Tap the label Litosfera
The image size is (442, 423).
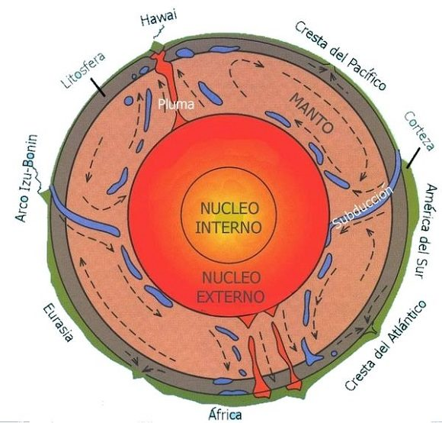click(x=83, y=69)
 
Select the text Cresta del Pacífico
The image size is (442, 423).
click(x=340, y=56)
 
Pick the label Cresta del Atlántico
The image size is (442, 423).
click(x=386, y=345)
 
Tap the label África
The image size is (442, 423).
click(x=225, y=415)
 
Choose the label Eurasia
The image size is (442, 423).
click(x=59, y=323)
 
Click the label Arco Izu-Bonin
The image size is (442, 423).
click(x=26, y=178)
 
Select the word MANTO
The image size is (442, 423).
click(x=312, y=113)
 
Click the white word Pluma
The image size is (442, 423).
click(x=176, y=105)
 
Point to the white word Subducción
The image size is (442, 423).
click(x=363, y=205)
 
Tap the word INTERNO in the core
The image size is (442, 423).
click(x=229, y=228)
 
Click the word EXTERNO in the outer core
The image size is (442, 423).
click(x=231, y=297)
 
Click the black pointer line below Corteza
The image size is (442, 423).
click(x=412, y=160)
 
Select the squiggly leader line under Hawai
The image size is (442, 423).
click(x=159, y=32)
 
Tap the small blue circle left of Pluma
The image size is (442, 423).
click(x=129, y=101)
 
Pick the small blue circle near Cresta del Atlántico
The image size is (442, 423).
click(x=334, y=353)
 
